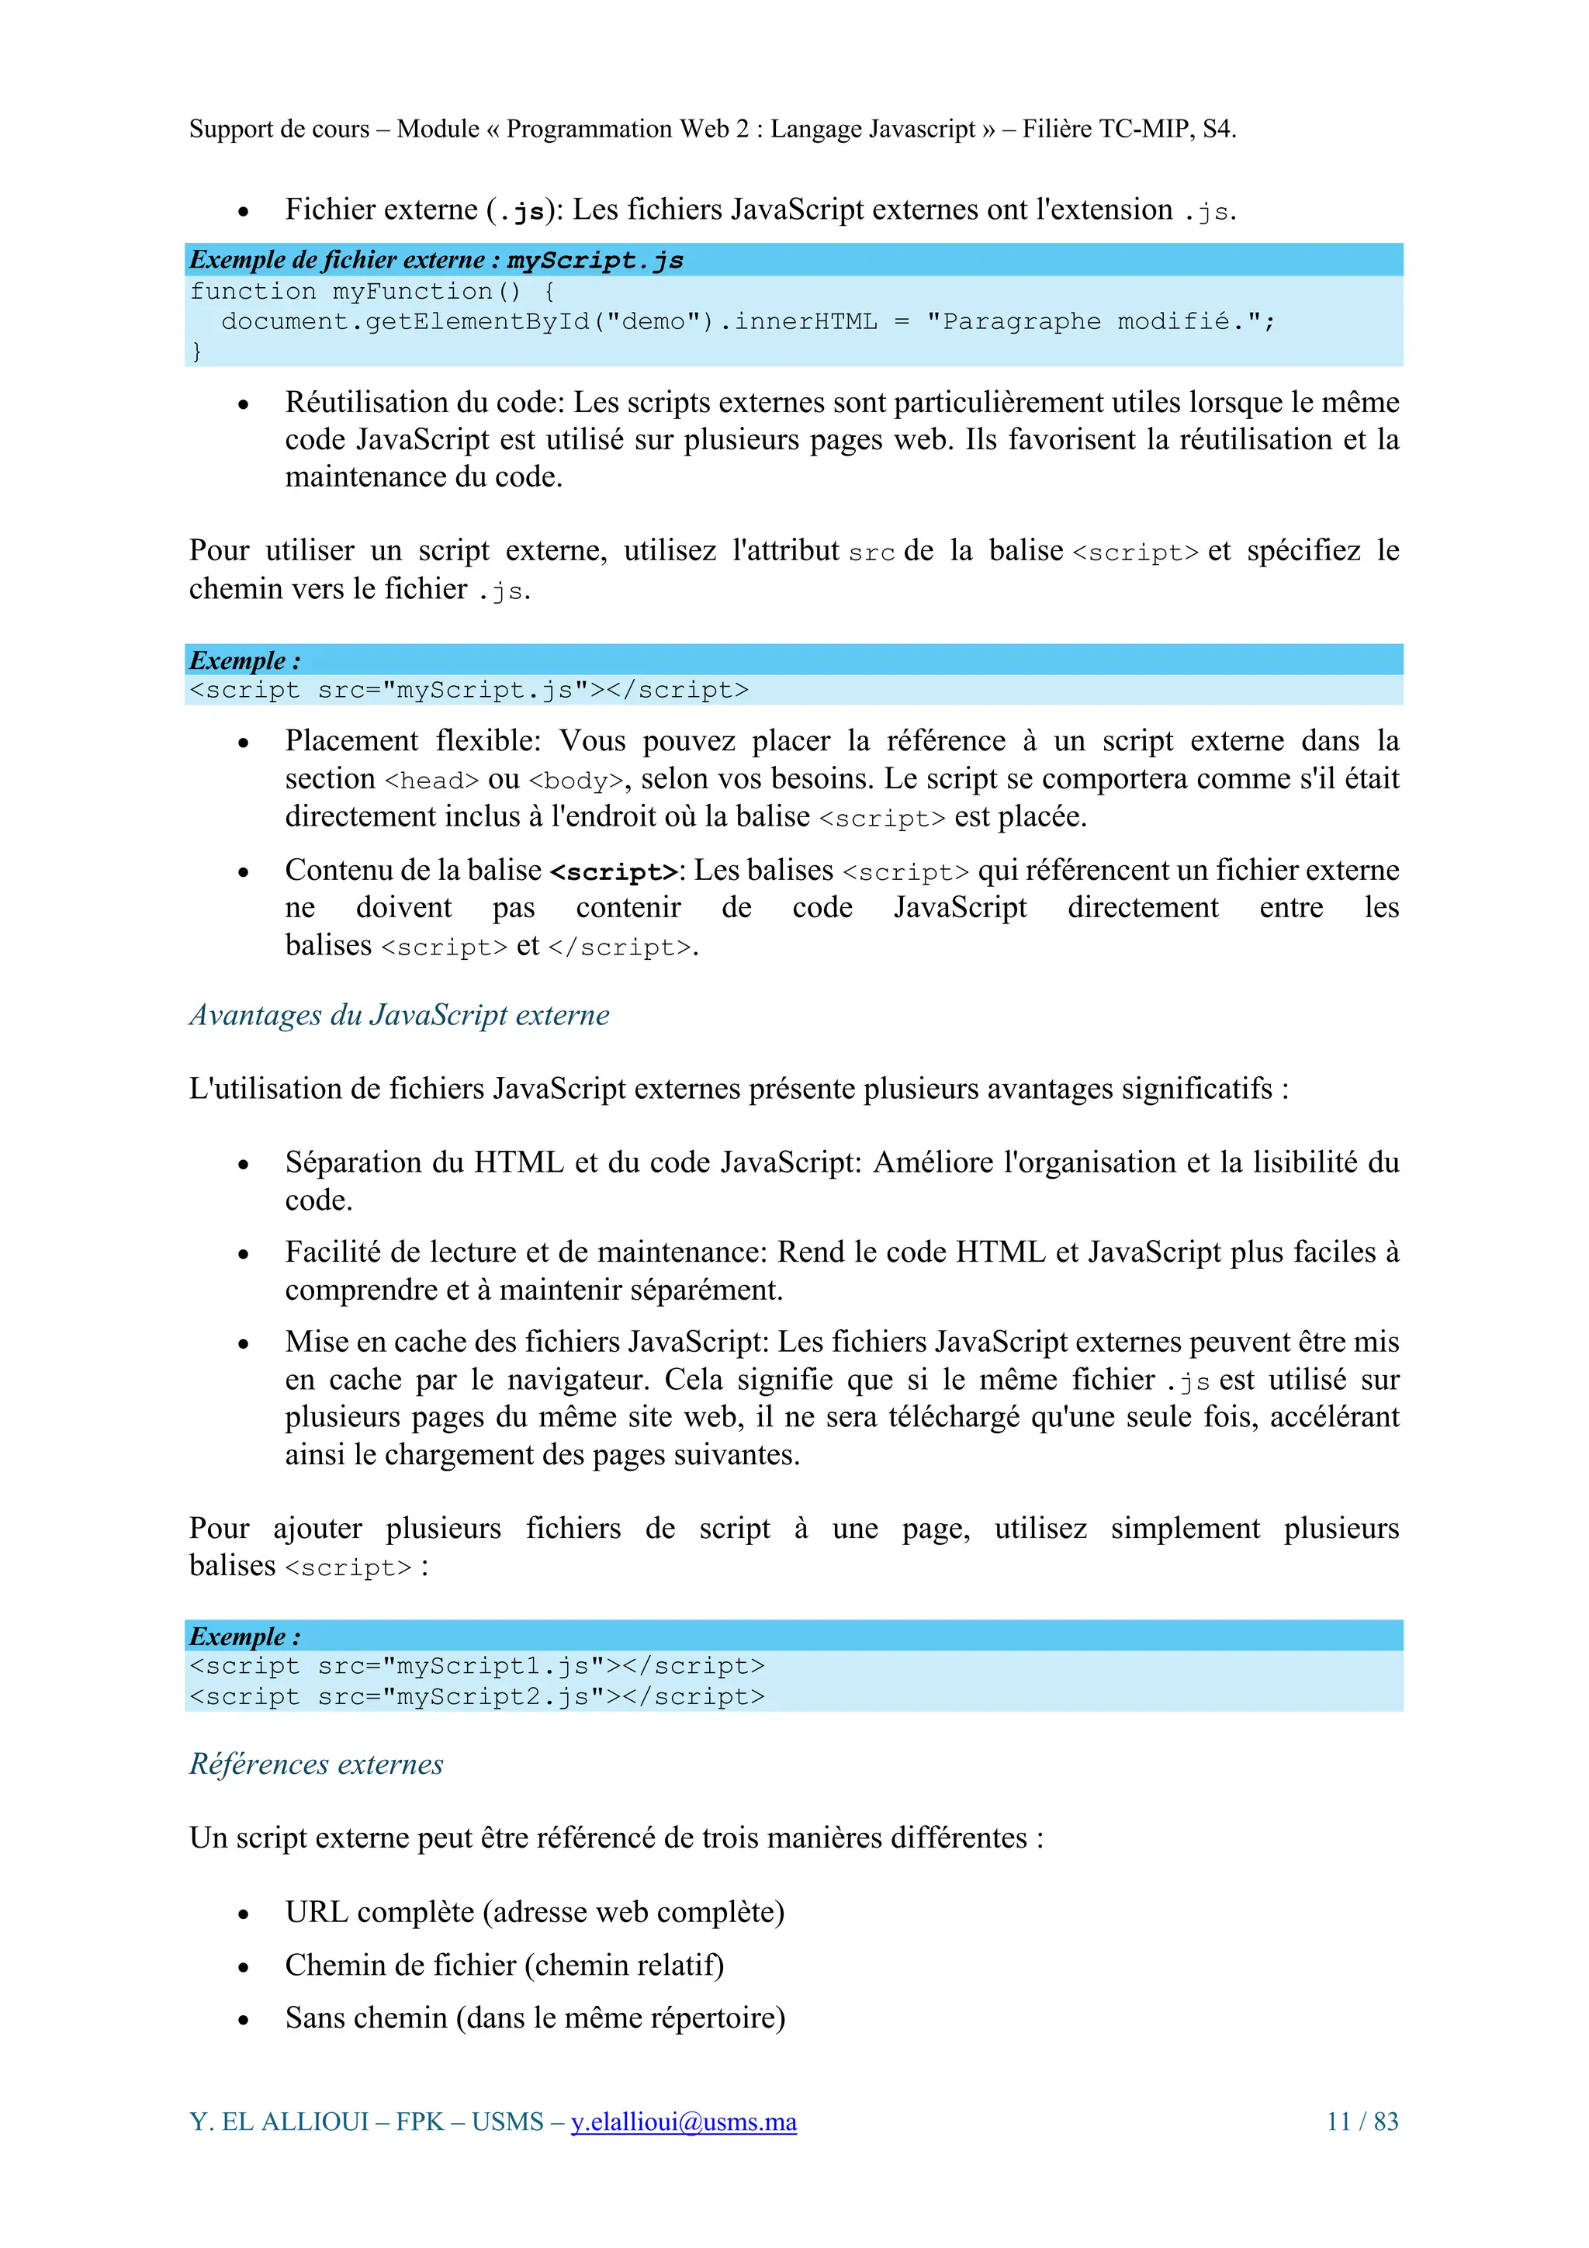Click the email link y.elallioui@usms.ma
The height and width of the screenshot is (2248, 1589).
pos(684,2122)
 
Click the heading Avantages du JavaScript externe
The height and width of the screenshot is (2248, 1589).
pos(399,1014)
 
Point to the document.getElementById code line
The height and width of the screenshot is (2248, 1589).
pos(748,321)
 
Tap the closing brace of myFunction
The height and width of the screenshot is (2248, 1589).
pos(197,351)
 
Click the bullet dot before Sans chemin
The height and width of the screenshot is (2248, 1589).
pos(244,2020)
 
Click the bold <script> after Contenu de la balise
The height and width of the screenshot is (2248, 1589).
pos(614,871)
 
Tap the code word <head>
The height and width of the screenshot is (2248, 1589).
pos(431,781)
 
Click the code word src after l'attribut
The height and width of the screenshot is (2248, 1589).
pos(871,553)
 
